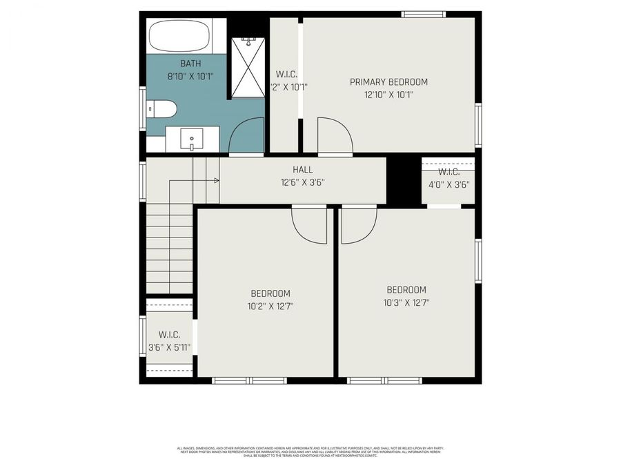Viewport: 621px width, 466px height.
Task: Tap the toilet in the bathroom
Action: coord(162,109)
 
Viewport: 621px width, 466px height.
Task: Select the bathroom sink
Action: coord(191,139)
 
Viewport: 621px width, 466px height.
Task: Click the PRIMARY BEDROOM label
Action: coord(388,81)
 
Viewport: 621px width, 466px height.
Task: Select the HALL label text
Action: coord(302,169)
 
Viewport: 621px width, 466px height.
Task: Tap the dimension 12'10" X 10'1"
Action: coord(388,95)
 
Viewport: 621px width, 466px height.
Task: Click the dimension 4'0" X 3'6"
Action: coord(448,184)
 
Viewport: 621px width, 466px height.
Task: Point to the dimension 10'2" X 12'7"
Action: coord(270,306)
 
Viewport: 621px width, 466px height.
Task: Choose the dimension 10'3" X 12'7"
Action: coord(406,302)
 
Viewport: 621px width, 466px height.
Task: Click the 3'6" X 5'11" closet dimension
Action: coord(169,347)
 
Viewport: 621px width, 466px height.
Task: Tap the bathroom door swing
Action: coord(247,136)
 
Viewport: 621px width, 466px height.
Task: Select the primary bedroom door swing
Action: coord(335,136)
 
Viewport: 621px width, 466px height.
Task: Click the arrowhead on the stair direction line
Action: coord(217,181)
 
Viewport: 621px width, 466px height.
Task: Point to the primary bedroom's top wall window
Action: coord(424,14)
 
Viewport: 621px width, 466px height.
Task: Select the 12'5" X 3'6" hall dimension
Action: coord(302,183)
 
